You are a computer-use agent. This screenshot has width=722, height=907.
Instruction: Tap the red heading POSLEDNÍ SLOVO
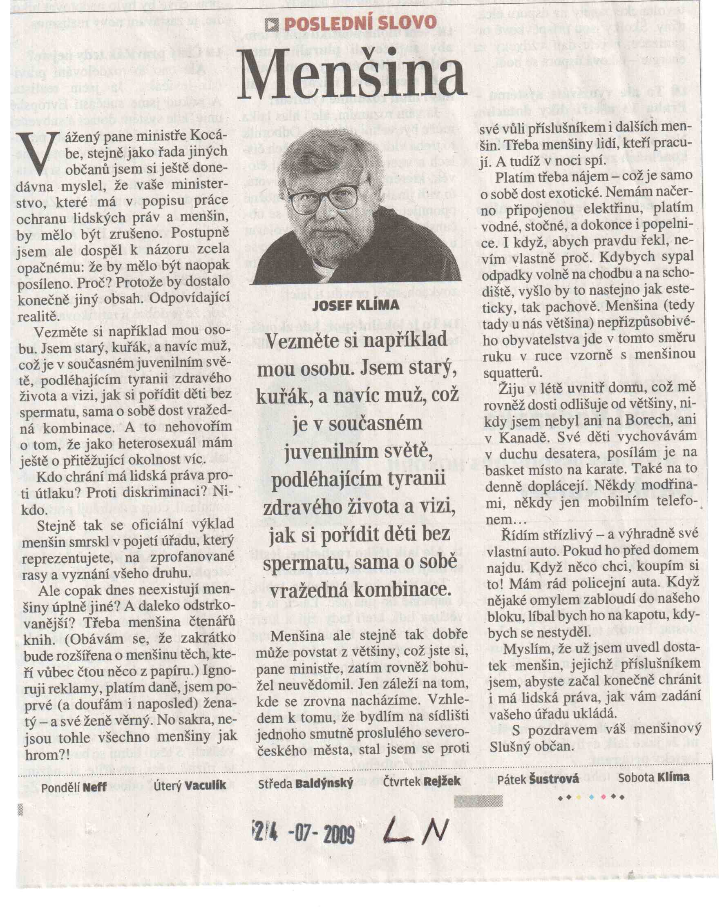(360, 23)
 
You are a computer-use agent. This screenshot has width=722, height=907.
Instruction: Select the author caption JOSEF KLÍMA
(356, 305)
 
